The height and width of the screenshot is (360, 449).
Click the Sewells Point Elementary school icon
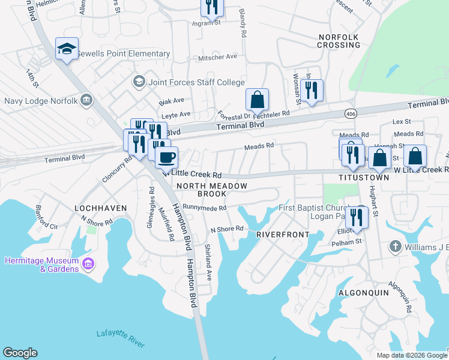[x=67, y=50]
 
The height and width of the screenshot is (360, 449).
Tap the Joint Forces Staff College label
[x=196, y=82]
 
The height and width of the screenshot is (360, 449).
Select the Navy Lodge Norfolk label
[x=41, y=100]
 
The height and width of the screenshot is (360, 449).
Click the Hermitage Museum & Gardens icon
[x=88, y=264]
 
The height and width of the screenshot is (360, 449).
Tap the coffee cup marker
[x=166, y=158]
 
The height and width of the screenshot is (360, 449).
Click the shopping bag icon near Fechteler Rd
[x=257, y=100]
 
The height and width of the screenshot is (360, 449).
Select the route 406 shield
[x=351, y=112]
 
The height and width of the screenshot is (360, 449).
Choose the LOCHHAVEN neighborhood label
[x=100, y=208]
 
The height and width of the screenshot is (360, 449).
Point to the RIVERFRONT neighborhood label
[x=283, y=234]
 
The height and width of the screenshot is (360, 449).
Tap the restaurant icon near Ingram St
[x=211, y=8]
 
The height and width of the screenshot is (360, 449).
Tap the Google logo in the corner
[x=20, y=353]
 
